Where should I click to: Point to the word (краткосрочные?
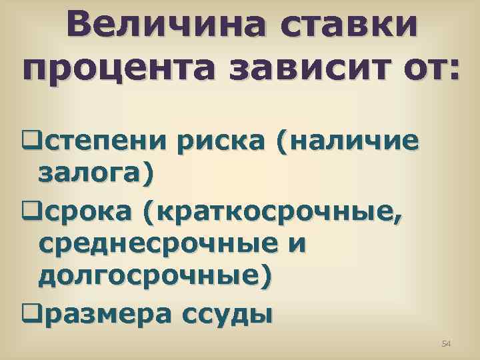click(272, 213)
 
